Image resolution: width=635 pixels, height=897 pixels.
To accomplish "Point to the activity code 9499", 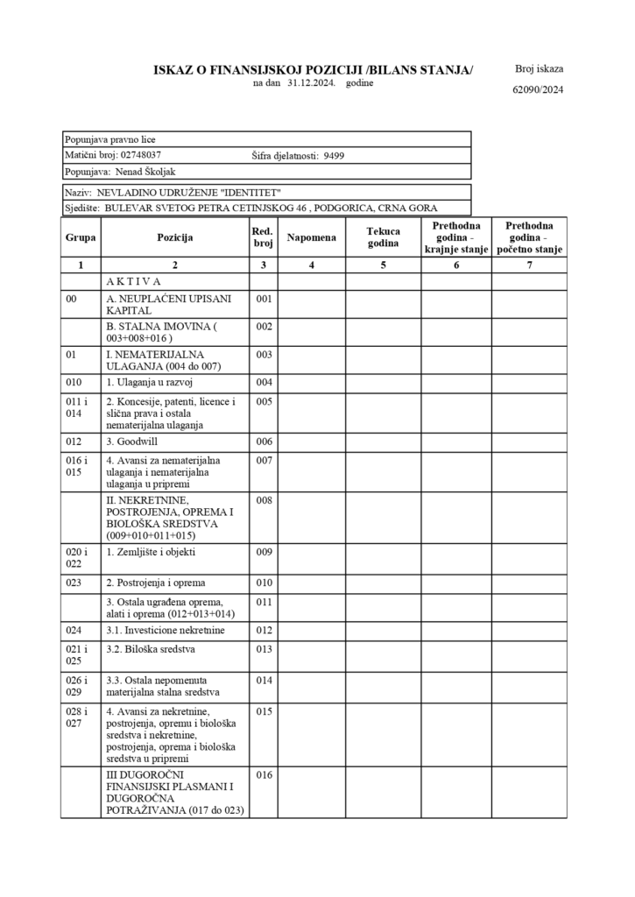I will coord(334,155).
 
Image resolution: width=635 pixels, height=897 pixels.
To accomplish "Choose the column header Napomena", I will coord(311,237).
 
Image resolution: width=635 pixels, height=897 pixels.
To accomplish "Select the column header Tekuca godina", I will coord(383,237).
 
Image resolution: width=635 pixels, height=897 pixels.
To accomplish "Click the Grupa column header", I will coord(81,237).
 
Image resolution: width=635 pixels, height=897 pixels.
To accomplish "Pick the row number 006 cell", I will coord(264,441).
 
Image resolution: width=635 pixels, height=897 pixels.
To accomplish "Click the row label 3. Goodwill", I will coord(131,441).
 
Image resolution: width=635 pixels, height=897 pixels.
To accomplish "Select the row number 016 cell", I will coord(264,775).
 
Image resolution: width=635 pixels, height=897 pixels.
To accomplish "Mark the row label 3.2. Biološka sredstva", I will coord(151,650).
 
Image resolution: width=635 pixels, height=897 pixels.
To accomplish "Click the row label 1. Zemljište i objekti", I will coord(151,553).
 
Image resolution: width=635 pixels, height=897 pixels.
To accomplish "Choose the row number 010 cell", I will coord(264,583).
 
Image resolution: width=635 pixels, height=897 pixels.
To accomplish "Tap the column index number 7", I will coord(529,265).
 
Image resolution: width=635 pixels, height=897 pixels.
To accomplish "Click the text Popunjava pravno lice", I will coord(110,139).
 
